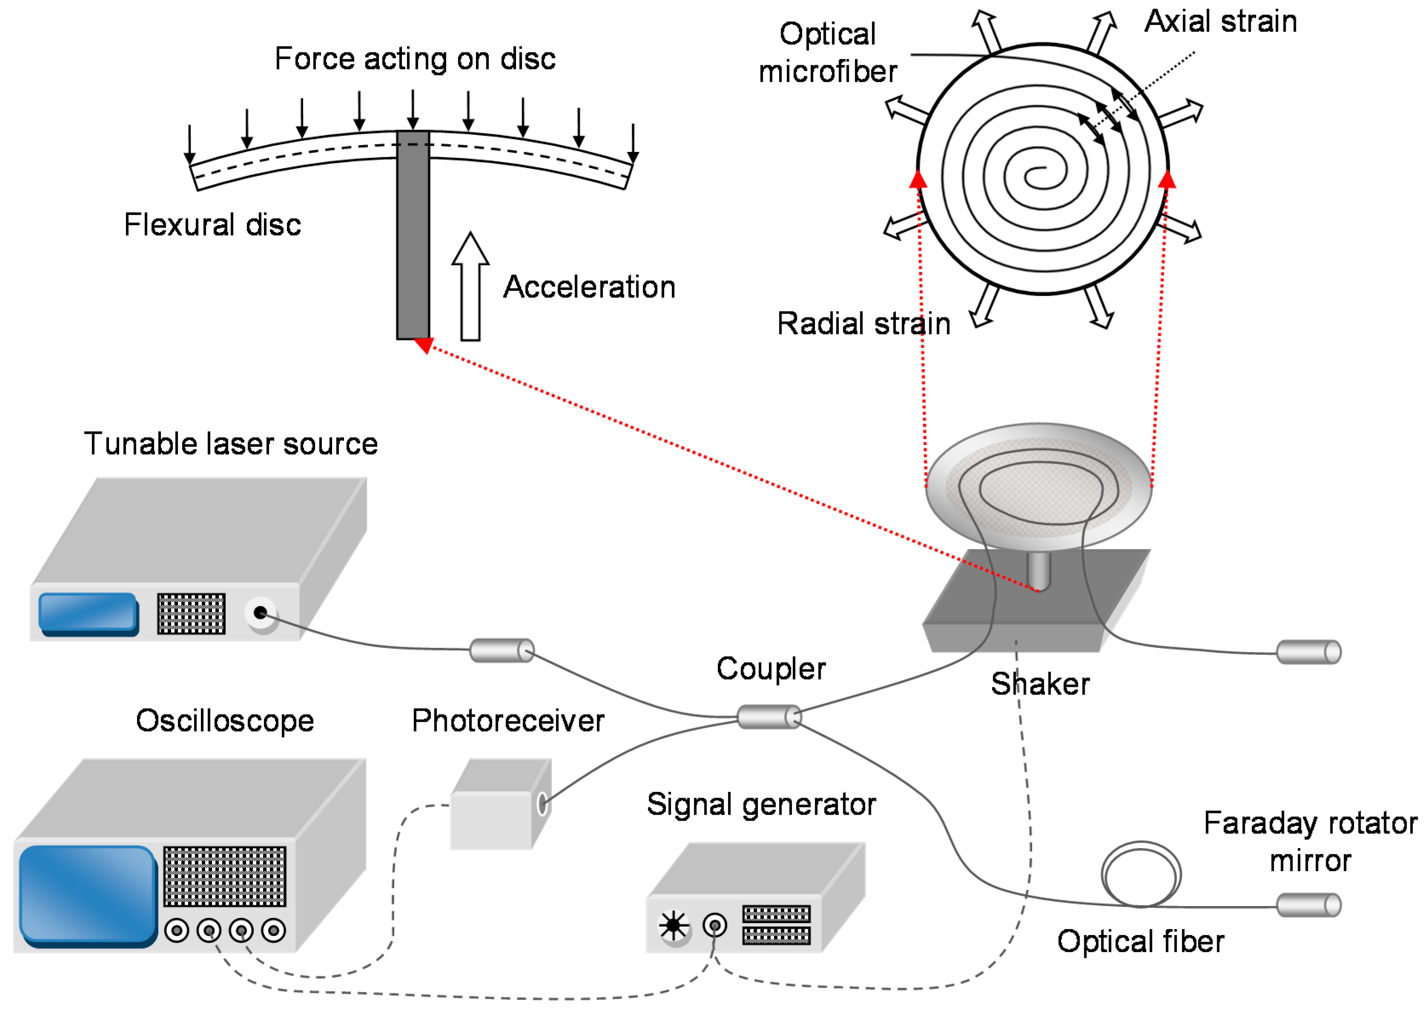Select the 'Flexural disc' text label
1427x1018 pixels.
pos(212,224)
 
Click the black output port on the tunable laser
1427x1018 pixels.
pos(260,612)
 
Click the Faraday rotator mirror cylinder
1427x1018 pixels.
pos(1308,904)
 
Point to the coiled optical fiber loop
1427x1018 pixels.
pos(1140,875)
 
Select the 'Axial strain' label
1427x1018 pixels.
pos(1220,22)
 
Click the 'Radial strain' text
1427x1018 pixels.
pos(863,324)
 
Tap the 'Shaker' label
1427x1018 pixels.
pos(1040,684)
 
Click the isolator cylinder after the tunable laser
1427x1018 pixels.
pos(501,650)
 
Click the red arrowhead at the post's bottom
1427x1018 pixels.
pos(424,344)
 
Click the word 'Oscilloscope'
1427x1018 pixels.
pos(224,721)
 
